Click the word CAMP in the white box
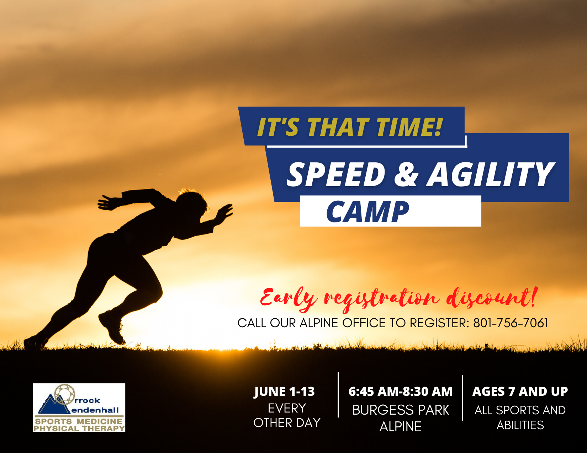tap(367, 212)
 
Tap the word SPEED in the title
tap(336, 174)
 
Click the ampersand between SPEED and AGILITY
tap(406, 174)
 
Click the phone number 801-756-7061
tap(510, 323)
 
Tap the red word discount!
tap(491, 298)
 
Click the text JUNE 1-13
tap(284, 392)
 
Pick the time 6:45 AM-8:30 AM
tap(400, 392)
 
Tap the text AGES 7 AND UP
tap(520, 392)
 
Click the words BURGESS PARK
tap(401, 410)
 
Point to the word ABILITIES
tap(520, 425)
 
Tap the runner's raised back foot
tap(112, 327)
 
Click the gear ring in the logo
tap(64, 394)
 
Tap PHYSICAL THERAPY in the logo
tap(79, 428)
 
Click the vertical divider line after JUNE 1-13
tap(338, 395)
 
